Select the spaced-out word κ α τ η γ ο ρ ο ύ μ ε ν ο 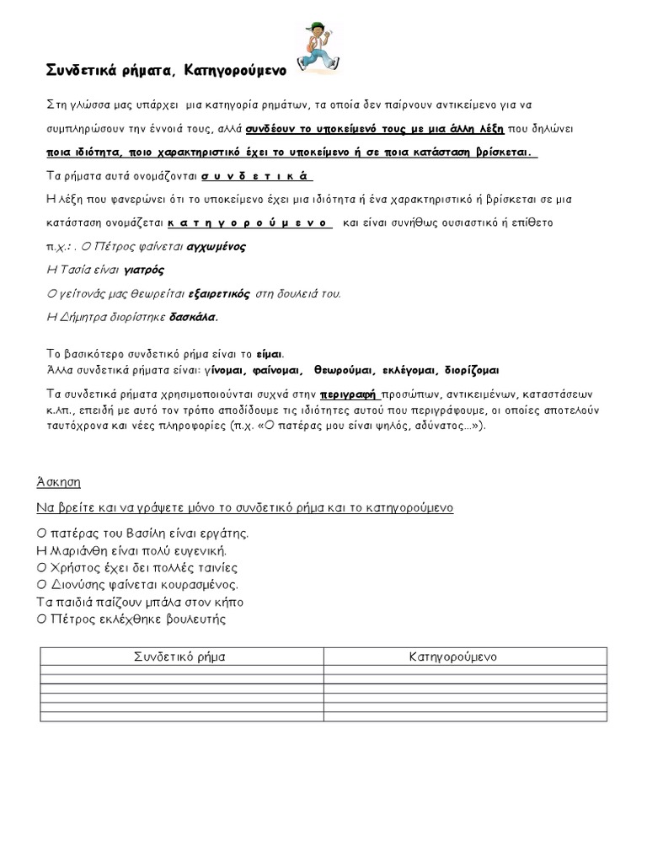click(250, 223)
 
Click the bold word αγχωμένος click(216, 247)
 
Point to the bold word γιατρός click(144, 271)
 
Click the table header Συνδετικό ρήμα click(180, 655)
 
